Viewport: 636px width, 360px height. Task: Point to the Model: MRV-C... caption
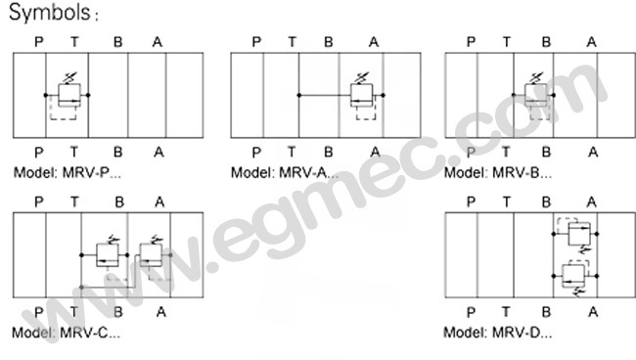(x=68, y=333)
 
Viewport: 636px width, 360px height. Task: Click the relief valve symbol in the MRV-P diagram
(x=68, y=95)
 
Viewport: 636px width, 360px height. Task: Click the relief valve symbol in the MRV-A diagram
(x=364, y=95)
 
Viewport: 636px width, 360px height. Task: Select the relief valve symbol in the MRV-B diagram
(x=536, y=95)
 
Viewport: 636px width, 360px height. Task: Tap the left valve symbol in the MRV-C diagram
(x=107, y=254)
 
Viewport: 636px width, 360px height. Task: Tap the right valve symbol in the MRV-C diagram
(x=151, y=254)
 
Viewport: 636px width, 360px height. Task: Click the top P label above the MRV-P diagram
(x=38, y=41)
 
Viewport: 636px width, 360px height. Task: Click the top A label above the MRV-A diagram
(x=374, y=41)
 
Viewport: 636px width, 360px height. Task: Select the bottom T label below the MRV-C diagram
(x=76, y=312)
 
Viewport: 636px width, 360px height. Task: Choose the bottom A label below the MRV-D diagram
(x=592, y=312)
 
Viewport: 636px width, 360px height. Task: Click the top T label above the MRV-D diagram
(x=507, y=202)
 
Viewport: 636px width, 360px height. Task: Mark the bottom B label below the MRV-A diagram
(x=329, y=152)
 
